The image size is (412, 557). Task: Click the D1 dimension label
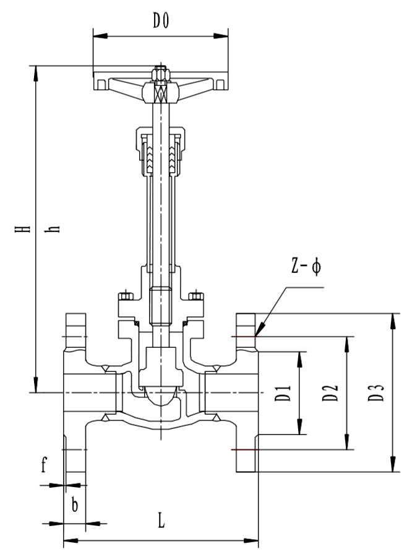[283, 393]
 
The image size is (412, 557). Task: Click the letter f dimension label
[44, 465]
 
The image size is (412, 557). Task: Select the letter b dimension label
[74, 505]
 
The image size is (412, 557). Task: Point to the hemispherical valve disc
[160, 396]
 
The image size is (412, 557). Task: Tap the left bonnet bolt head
[126, 295]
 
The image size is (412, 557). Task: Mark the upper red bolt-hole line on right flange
[242, 336]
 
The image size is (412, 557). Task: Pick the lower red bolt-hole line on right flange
[242, 449]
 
